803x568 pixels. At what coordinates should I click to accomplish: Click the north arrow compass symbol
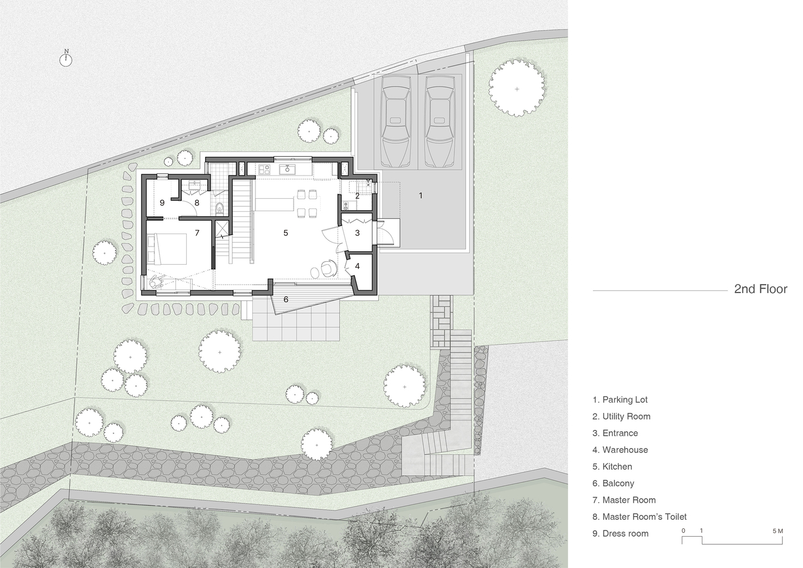click(x=66, y=59)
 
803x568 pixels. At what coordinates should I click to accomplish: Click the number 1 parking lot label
click(x=420, y=195)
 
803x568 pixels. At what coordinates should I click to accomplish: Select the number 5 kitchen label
click(x=286, y=233)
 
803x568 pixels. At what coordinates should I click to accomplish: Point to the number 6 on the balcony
click(x=286, y=299)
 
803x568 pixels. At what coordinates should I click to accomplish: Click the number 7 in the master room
click(x=197, y=233)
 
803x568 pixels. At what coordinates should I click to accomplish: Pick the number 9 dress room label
click(x=162, y=203)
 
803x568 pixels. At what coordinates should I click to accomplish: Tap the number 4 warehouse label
click(x=357, y=266)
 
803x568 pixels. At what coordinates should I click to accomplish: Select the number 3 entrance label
click(x=357, y=233)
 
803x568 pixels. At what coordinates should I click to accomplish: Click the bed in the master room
click(x=167, y=249)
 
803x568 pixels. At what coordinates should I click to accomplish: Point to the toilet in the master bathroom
click(x=220, y=208)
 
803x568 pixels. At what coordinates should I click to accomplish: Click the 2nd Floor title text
click(x=761, y=289)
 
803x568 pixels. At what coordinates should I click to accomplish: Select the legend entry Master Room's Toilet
click(x=639, y=517)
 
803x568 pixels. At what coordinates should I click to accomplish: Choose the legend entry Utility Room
click(x=621, y=416)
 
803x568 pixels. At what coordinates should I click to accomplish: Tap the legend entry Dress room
click(x=621, y=533)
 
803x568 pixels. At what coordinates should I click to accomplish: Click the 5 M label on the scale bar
click(x=778, y=531)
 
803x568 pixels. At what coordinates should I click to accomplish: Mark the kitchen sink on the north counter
click(x=288, y=169)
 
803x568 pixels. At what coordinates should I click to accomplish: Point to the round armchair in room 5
click(x=328, y=268)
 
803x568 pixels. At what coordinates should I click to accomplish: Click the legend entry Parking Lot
click(x=620, y=399)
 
